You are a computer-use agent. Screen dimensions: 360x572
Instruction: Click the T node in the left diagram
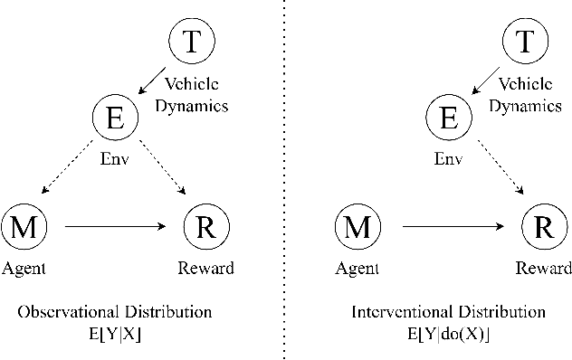(x=190, y=41)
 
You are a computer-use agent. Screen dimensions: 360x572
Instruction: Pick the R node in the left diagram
(x=205, y=227)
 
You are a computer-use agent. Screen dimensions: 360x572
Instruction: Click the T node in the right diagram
(x=522, y=41)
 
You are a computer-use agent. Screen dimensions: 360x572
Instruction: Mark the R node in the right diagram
(x=540, y=227)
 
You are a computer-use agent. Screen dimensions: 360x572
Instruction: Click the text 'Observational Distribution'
(x=114, y=312)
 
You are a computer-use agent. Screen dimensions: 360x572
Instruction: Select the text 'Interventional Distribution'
(x=448, y=312)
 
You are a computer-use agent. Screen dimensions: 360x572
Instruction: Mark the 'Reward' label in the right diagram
(x=543, y=268)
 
